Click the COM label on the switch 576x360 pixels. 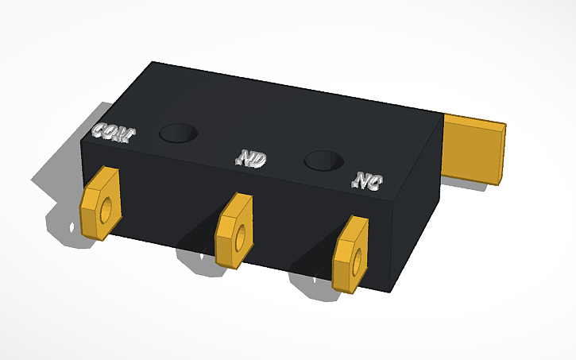(x=112, y=134)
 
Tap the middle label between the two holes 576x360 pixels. (x=251, y=158)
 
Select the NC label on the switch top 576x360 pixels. (x=366, y=182)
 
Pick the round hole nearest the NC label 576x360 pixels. (x=324, y=161)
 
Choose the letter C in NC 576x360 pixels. (x=373, y=184)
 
